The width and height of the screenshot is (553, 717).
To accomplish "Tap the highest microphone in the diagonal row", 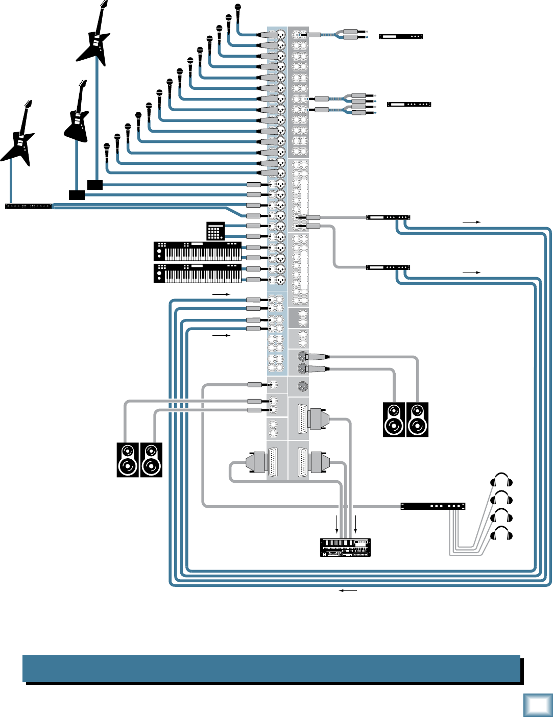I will click(237, 9).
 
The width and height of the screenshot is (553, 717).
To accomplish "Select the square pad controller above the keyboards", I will click(215, 231).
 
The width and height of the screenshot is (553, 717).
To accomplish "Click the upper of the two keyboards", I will click(198, 251).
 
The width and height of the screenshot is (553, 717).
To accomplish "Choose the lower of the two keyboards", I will click(198, 273).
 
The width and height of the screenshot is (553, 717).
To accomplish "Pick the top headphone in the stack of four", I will click(501, 480).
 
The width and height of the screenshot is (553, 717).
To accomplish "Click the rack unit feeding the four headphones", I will click(432, 506).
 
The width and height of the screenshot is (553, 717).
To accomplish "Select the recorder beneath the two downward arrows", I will click(345, 547).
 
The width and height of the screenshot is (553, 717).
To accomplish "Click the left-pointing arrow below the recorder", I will click(348, 590).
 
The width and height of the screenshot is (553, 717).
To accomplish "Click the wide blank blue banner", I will click(271, 669).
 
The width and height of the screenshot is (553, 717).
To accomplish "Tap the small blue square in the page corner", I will click(537, 705).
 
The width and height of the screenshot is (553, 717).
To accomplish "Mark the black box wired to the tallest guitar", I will click(95, 185).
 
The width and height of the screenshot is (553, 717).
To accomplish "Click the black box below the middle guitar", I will click(77, 195).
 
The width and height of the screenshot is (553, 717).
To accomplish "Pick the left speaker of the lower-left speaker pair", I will click(128, 460).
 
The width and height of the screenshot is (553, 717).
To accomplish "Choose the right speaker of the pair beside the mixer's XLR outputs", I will click(417, 419).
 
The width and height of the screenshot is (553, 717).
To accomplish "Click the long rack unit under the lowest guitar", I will click(28, 206).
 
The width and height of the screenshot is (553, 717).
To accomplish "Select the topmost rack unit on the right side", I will click(401, 36).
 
